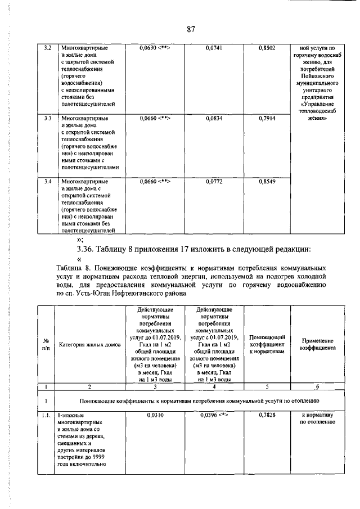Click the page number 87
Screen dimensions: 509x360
coord(191,30)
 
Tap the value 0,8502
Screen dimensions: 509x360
coord(267,49)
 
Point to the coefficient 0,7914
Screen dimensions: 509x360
coord(267,119)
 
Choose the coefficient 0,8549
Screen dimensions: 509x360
coord(267,182)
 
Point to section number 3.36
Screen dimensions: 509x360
coord(86,249)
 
